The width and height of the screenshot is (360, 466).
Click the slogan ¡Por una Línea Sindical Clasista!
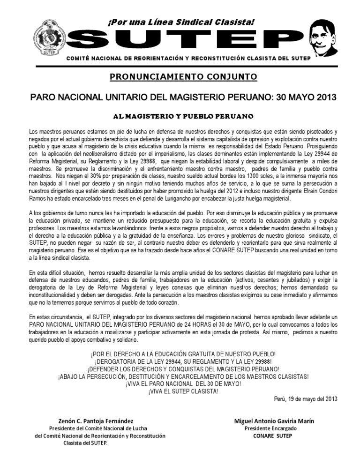tap(180, 22)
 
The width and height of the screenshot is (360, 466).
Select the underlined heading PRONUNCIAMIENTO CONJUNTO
tap(180, 78)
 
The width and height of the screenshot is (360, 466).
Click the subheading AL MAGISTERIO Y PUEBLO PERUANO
tap(180, 115)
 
